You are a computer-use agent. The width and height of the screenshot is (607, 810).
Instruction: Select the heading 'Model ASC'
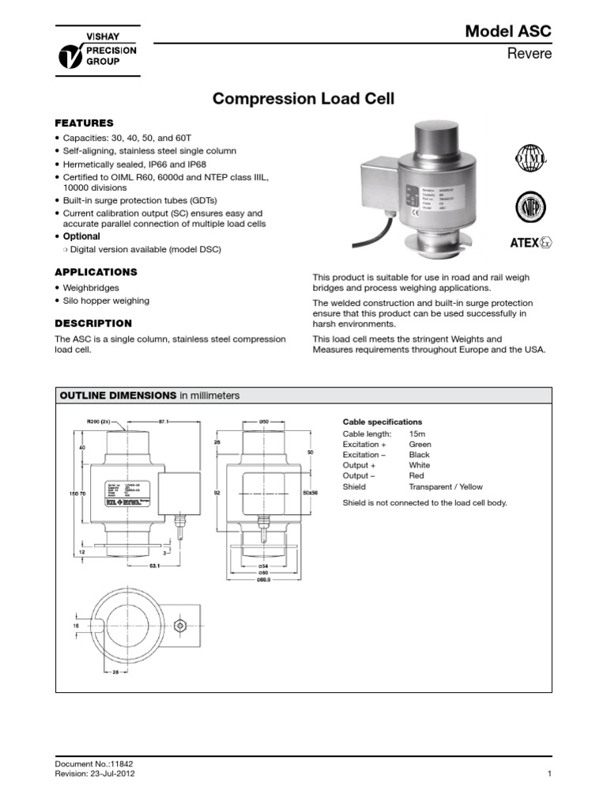(x=508, y=31)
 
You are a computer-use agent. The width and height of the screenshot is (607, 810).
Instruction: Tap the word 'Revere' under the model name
(x=533, y=54)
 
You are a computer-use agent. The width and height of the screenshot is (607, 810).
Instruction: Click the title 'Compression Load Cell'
(x=303, y=100)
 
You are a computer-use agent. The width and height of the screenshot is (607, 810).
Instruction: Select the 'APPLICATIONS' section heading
(x=95, y=272)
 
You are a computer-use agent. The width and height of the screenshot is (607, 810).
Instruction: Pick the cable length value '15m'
(x=417, y=434)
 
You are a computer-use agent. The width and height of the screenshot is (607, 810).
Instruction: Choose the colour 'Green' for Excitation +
(x=420, y=445)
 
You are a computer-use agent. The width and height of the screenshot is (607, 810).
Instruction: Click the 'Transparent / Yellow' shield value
(x=445, y=487)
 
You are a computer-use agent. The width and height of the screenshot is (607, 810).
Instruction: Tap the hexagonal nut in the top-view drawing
(x=181, y=626)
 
